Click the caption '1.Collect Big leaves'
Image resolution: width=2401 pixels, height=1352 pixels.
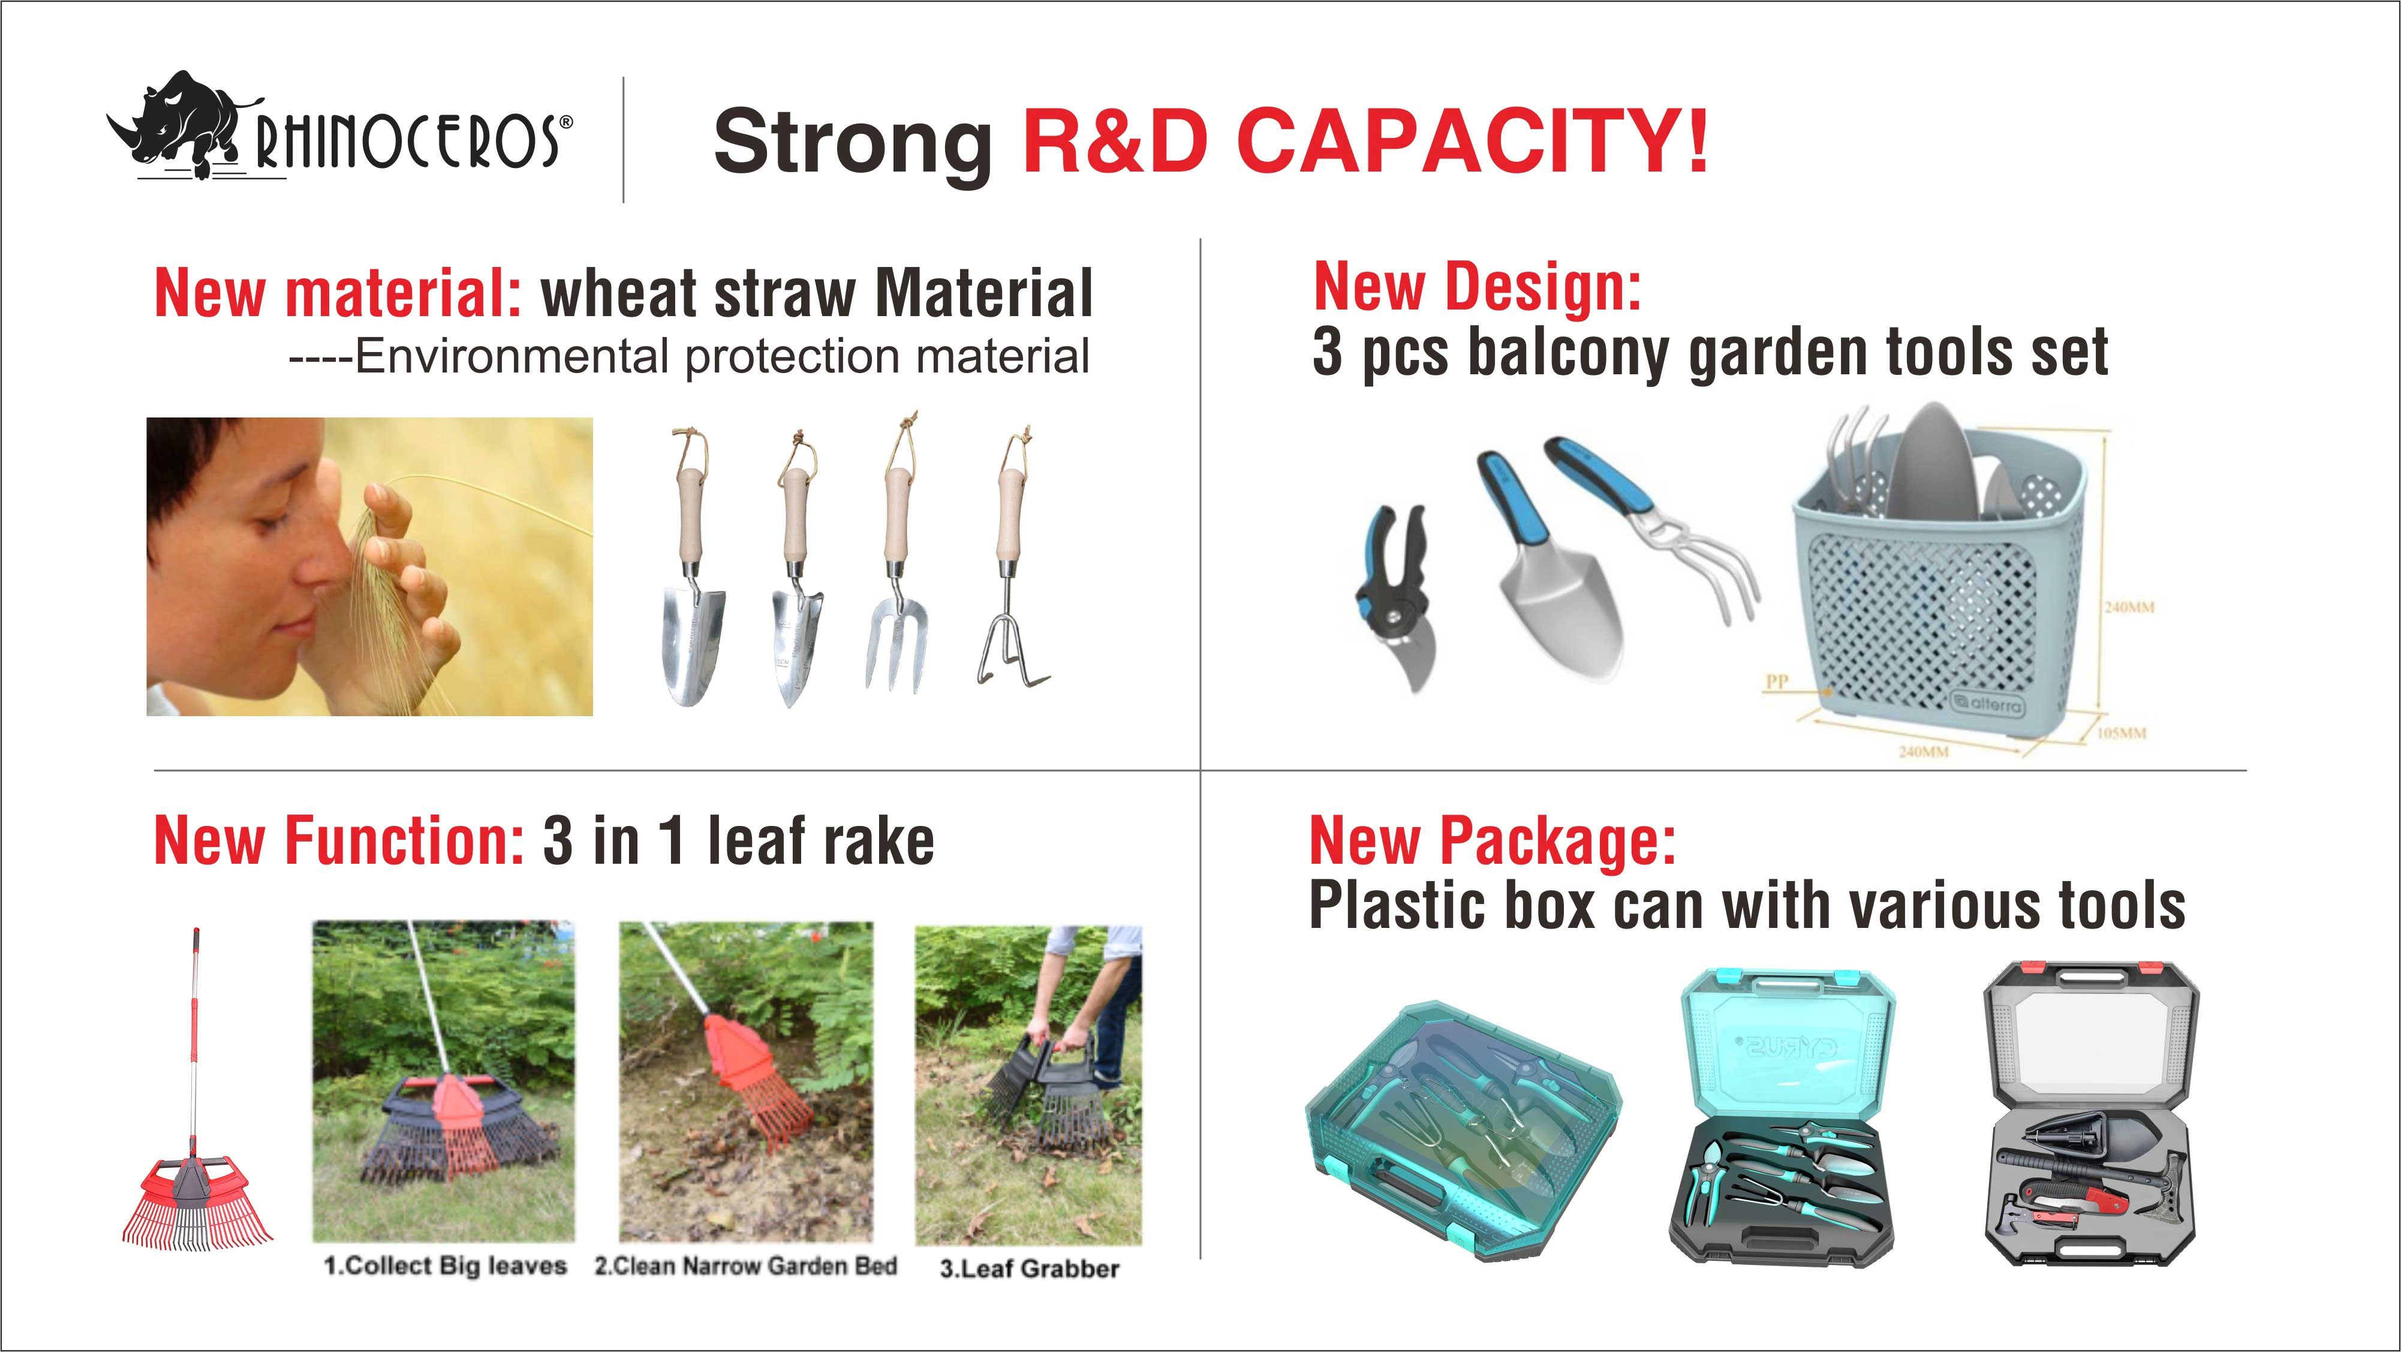pyautogui.click(x=444, y=1265)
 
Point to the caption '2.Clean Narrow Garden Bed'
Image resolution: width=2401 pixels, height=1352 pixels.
pyautogui.click(x=745, y=1265)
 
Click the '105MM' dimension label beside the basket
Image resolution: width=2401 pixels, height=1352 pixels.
pyautogui.click(x=2122, y=733)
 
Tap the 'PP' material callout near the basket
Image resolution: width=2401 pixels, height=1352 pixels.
pyautogui.click(x=1777, y=681)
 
